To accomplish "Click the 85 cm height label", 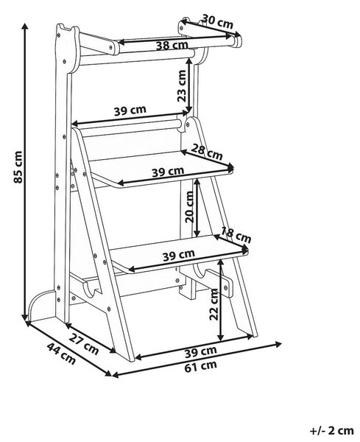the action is point(18,166).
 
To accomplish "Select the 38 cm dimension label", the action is point(172,45).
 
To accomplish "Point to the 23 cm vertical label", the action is point(182,85).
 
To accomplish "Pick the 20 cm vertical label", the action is point(190,207).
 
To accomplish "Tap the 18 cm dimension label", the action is point(236,235).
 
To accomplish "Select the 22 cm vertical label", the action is point(214,304).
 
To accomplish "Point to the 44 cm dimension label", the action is point(61,353).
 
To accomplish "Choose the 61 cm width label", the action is point(201,366).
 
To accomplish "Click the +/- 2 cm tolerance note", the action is point(332,430).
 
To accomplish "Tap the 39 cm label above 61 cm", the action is point(201,351).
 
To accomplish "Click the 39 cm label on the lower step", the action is point(179,255).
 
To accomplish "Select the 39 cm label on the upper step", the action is point(168,172).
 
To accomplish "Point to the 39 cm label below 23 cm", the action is point(130,110).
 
